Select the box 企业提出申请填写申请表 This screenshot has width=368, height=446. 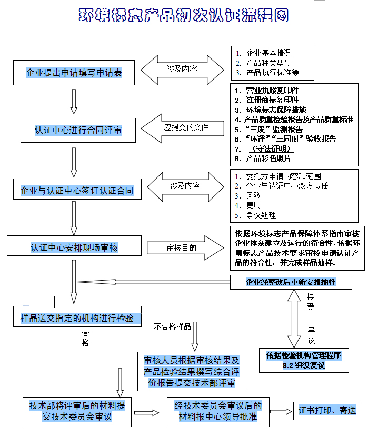pyautogui.click(x=74, y=73)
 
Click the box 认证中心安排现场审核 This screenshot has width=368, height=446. pyautogui.click(x=74, y=247)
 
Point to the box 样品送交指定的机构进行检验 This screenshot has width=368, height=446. pyautogui.click(x=77, y=318)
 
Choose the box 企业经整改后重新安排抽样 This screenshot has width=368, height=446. pyautogui.click(x=291, y=282)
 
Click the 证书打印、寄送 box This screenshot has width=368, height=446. pyautogui.click(x=327, y=410)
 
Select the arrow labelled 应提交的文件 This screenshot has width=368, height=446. pyautogui.click(x=182, y=127)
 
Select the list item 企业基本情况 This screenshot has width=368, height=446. pyautogui.click(x=268, y=53)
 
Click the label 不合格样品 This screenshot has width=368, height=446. pyautogui.click(x=173, y=327)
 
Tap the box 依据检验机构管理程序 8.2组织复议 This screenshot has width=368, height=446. pyautogui.click(x=304, y=360)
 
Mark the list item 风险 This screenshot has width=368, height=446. pyautogui.click(x=253, y=195)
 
